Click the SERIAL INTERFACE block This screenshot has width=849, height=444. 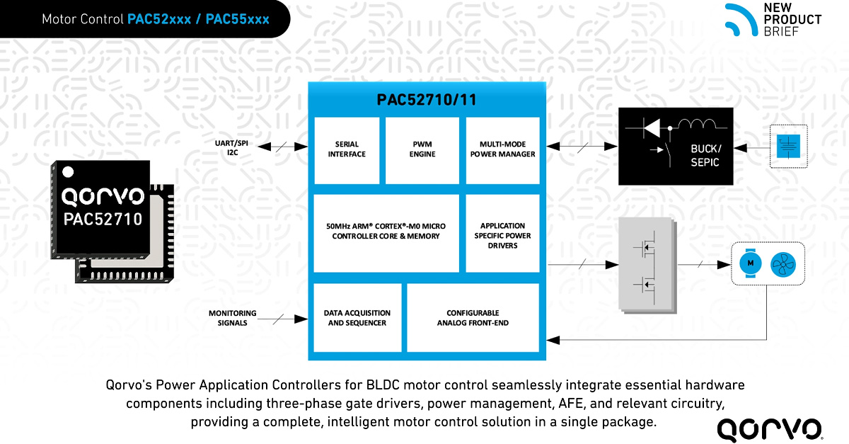coord(347,149)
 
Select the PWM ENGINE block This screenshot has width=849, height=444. coord(423,149)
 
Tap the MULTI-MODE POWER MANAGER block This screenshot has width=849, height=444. coord(502,149)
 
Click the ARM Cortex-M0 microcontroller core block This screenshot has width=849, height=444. coord(386,232)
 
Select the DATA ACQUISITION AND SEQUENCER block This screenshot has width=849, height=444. coord(357,318)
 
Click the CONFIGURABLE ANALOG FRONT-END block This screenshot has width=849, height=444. coord(473,318)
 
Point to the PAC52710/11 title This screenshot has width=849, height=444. coord(426,100)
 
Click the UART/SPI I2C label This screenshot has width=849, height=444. coord(227,147)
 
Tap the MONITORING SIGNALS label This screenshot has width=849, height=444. coord(232,318)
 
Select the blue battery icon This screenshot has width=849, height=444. coord(787,147)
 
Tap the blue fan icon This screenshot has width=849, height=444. coord(782,263)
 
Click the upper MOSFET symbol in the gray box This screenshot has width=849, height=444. coord(645,249)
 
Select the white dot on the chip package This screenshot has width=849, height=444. coord(68,170)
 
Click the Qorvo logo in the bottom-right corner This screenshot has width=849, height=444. coord(770,428)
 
